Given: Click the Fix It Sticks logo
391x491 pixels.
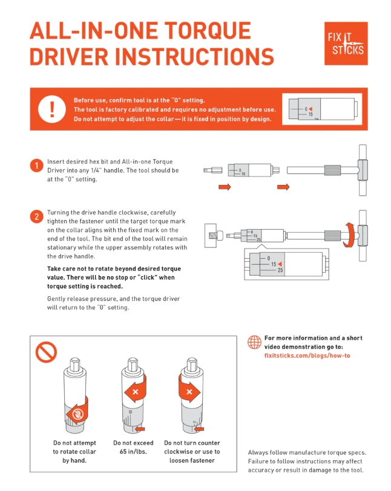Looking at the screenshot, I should [x=346, y=44].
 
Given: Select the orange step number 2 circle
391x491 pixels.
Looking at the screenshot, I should [x=36, y=216].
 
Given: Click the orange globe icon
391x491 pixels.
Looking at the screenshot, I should [x=254, y=342].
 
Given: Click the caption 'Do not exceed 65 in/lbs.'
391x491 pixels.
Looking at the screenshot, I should [x=134, y=447].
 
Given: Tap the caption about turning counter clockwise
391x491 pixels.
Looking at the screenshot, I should [x=192, y=451].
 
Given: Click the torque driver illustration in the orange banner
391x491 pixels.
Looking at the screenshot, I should [x=321, y=109].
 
